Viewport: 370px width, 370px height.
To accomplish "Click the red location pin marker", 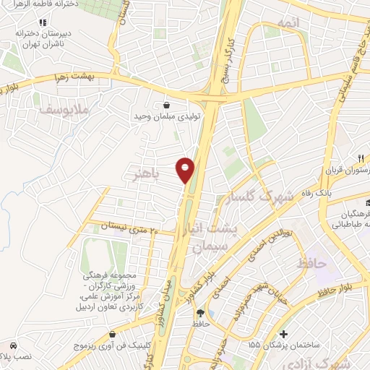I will point(186,168).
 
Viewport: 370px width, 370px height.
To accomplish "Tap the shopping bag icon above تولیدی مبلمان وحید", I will point(168,103).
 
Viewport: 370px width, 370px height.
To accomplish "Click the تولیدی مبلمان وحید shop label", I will point(168,116).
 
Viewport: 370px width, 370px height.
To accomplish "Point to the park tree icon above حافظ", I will point(199,313).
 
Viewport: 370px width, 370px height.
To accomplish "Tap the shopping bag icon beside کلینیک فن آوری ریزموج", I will point(114,334).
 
